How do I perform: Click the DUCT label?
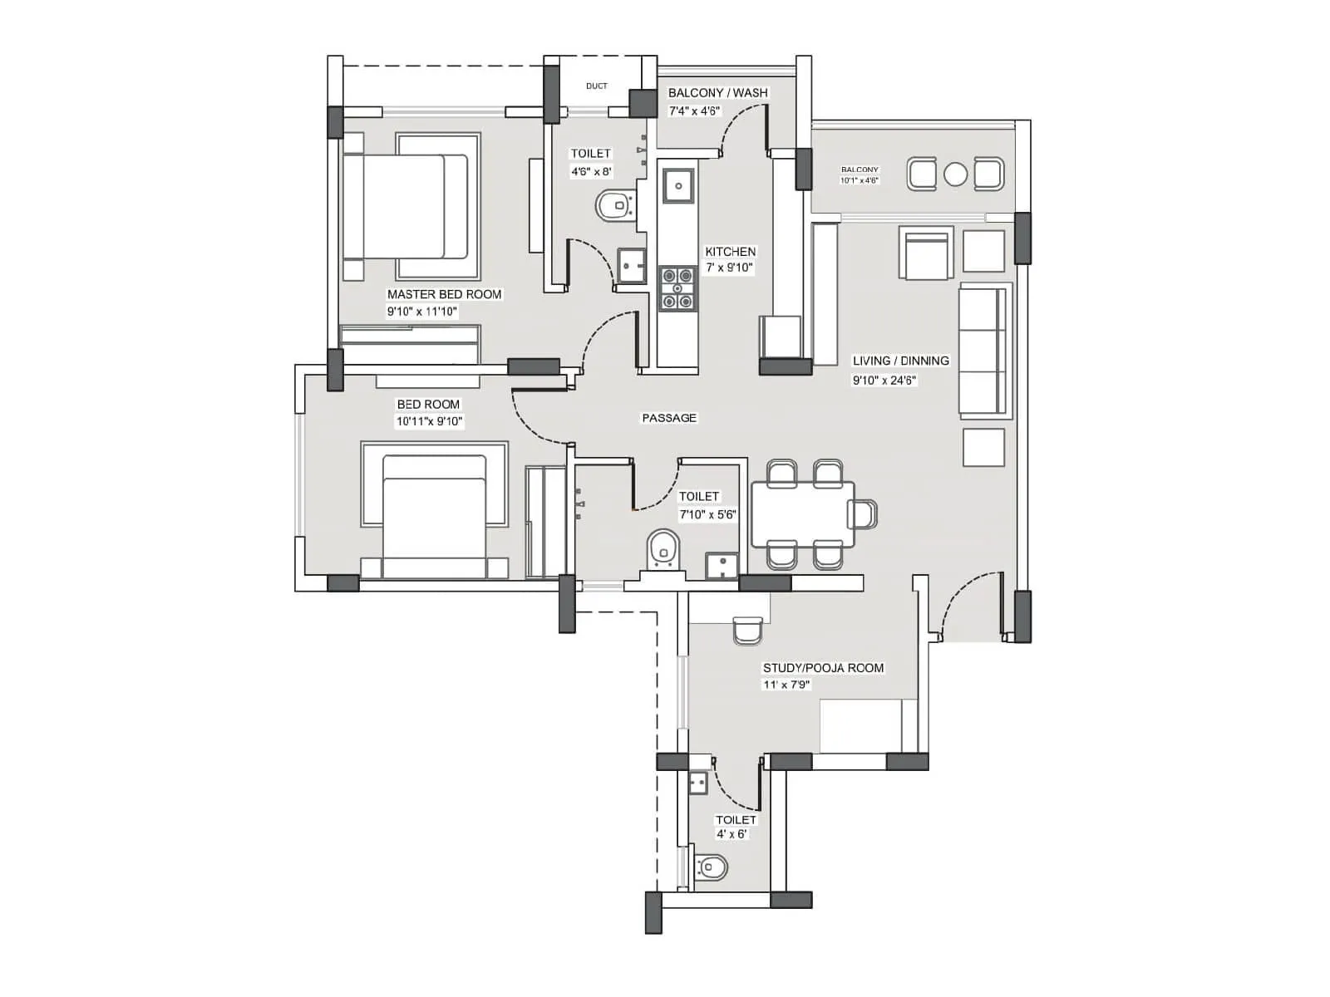click(596, 86)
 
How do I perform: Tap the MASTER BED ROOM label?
click(444, 294)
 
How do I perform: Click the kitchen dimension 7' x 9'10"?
click(729, 268)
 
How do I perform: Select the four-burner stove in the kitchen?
click(677, 287)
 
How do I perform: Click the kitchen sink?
click(678, 184)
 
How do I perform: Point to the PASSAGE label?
click(669, 418)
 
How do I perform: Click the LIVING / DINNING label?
click(900, 361)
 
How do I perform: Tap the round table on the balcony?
click(956, 174)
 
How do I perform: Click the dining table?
click(801, 515)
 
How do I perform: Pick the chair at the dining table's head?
click(863, 514)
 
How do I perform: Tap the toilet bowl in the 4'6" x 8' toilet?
click(613, 205)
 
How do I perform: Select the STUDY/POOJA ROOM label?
click(823, 668)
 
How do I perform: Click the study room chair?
click(748, 630)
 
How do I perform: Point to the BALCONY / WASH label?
click(717, 92)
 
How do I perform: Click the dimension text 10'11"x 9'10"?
click(429, 421)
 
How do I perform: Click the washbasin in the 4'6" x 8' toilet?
click(631, 265)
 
